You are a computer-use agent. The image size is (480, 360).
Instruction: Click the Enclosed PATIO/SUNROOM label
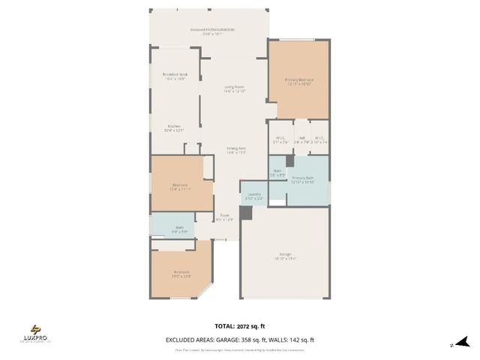213,31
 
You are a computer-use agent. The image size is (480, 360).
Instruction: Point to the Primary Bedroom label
298,81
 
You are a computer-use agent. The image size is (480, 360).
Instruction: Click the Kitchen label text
173,127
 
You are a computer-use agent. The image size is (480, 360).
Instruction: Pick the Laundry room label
253,196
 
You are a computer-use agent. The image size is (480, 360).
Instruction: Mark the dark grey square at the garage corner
246,212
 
